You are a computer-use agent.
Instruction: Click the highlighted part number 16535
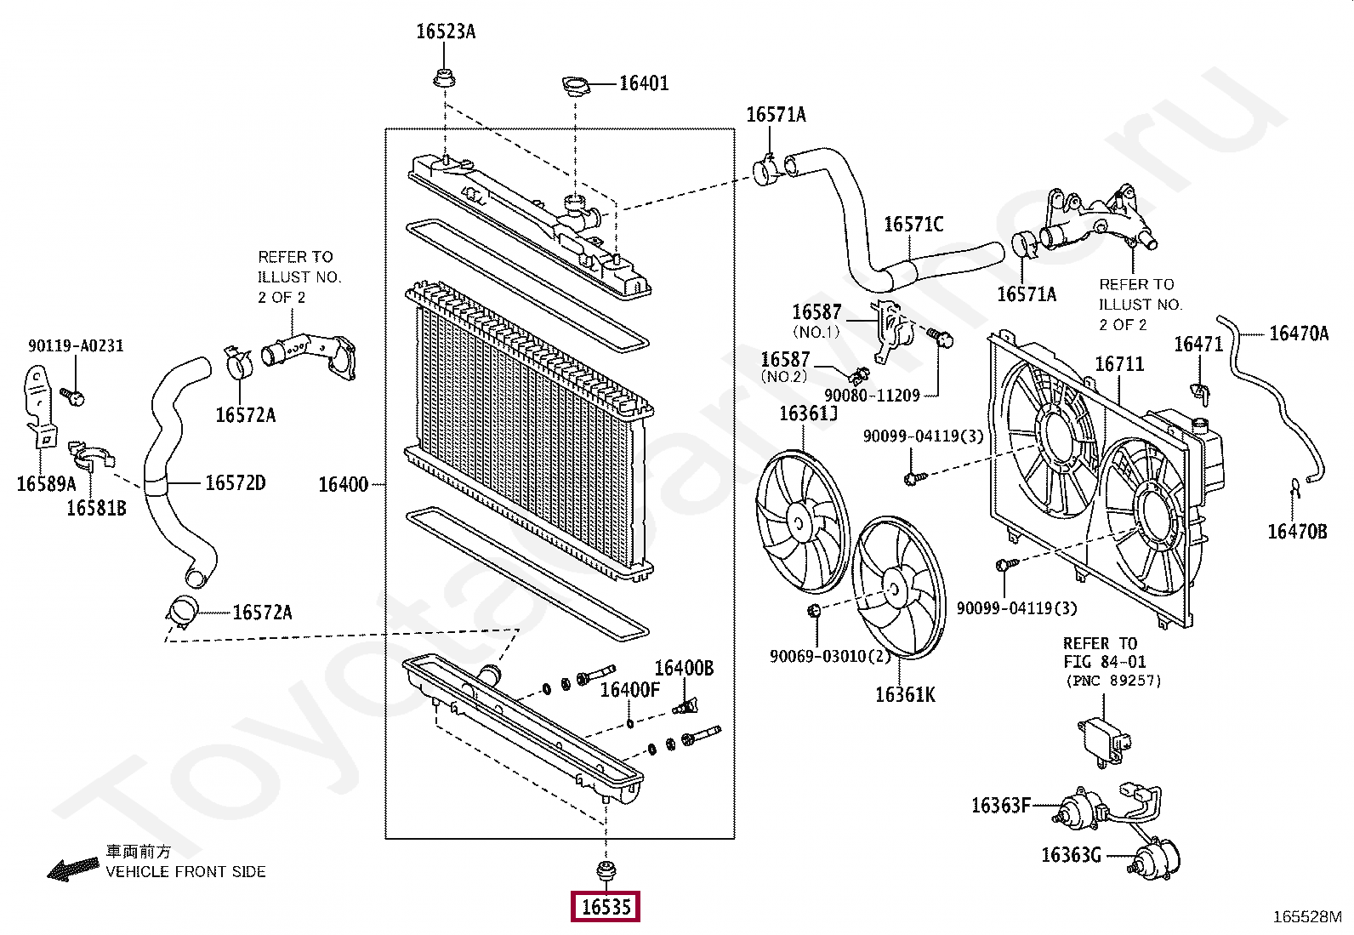pyautogui.click(x=606, y=907)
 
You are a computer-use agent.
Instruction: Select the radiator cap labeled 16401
pyautogui.click(x=574, y=85)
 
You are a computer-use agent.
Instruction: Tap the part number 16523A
pyautogui.click(x=446, y=31)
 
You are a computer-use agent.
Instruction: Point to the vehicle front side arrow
pyautogui.click(x=73, y=869)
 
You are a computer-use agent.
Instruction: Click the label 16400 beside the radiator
pyautogui.click(x=343, y=484)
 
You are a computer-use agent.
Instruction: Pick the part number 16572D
pyautogui.click(x=235, y=482)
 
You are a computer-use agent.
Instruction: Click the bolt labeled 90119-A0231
pyautogui.click(x=72, y=396)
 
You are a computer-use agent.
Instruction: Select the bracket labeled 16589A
pyautogui.click(x=40, y=407)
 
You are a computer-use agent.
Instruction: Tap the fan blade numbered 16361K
pyautogui.click(x=898, y=587)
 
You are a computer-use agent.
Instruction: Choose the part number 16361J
pyautogui.click(x=808, y=413)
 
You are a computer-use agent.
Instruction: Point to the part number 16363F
pyautogui.click(x=1000, y=805)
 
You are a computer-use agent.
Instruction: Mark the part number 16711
pyautogui.click(x=1119, y=363)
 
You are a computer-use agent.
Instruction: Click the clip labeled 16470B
pyautogui.click(x=1294, y=488)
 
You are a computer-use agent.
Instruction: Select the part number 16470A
pyautogui.click(x=1299, y=333)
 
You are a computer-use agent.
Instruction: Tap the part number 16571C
pyautogui.click(x=913, y=225)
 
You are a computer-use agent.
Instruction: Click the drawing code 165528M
pyautogui.click(x=1307, y=917)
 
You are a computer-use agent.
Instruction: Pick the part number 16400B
pyautogui.click(x=684, y=668)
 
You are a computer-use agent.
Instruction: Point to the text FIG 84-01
pyautogui.click(x=1104, y=662)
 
